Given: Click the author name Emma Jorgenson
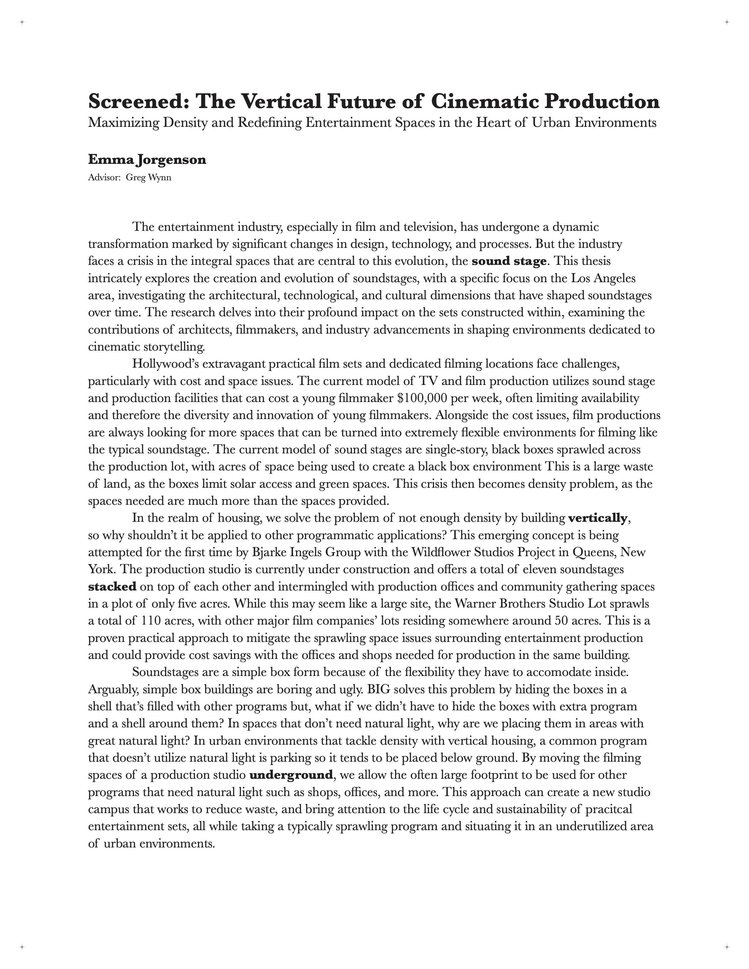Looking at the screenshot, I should tap(147, 160).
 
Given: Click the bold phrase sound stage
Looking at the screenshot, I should tap(508, 261).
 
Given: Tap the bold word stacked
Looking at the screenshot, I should tap(112, 587).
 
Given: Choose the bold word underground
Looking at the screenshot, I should tap(291, 775).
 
